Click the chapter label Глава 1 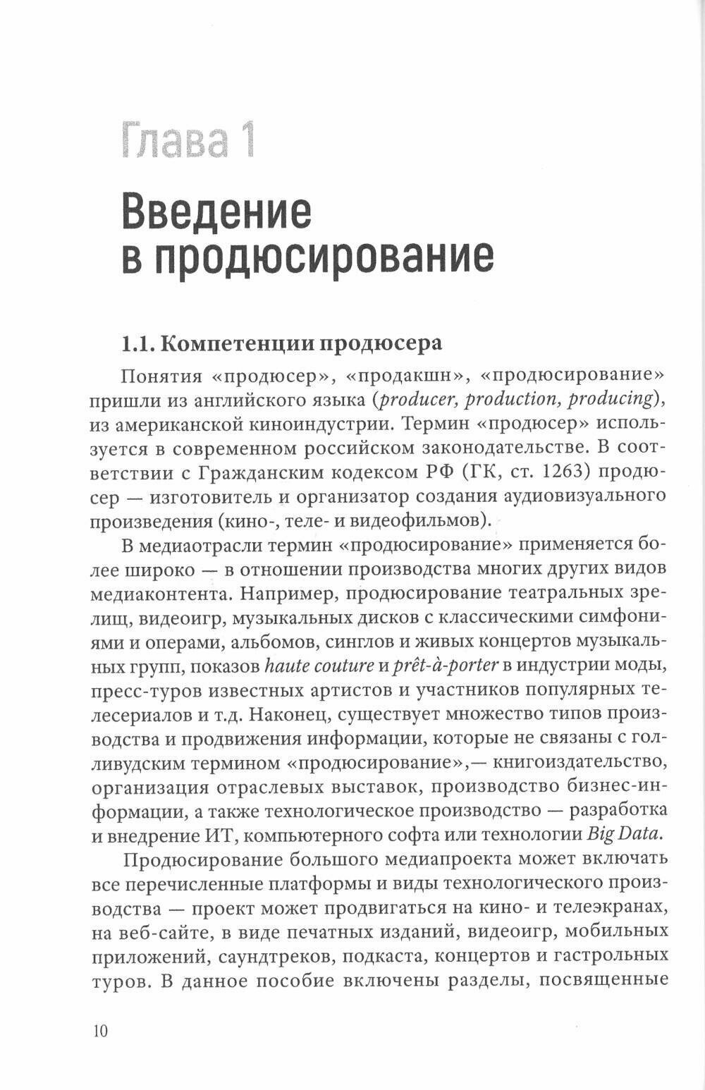[188, 140]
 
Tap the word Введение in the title [216, 211]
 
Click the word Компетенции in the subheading [238, 343]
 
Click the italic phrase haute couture [319, 665]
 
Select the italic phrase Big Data [625, 834]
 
